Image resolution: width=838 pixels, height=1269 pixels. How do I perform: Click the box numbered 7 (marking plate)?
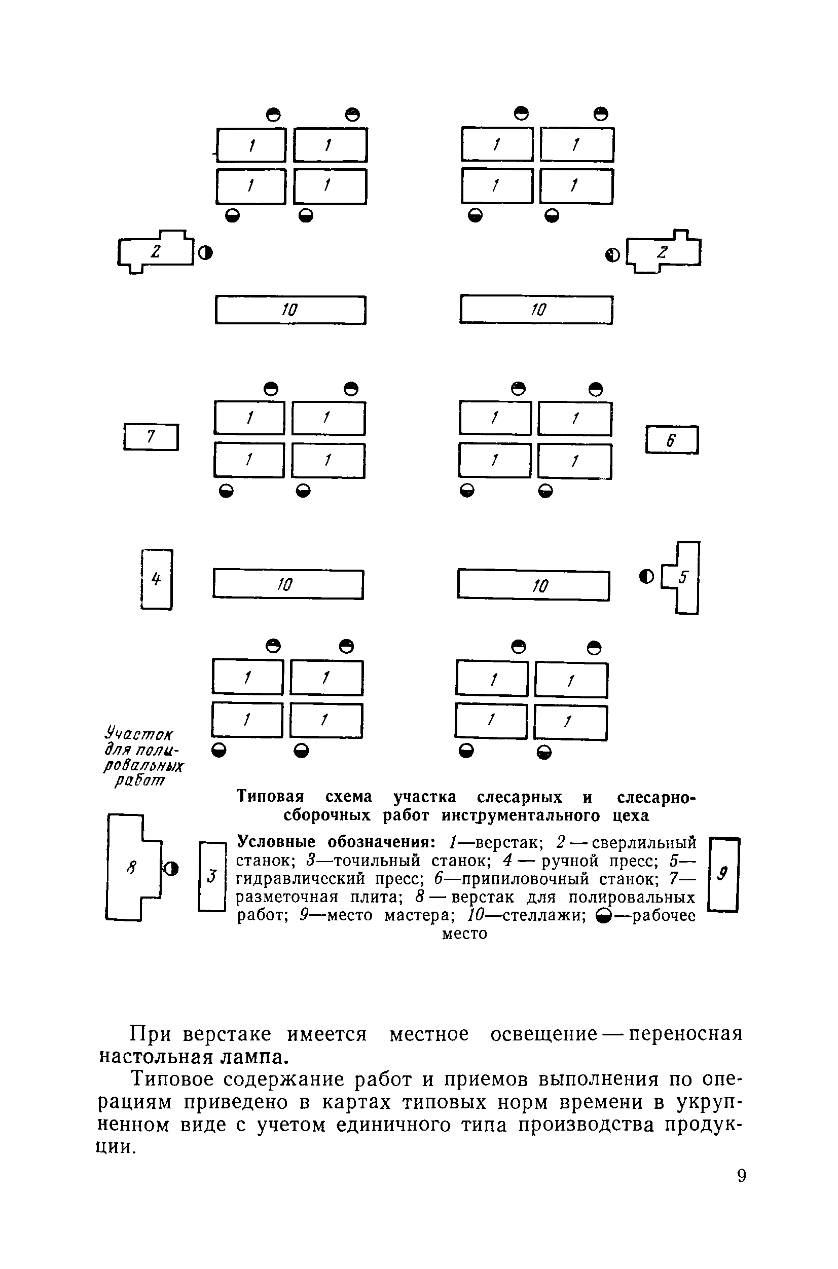coord(151,437)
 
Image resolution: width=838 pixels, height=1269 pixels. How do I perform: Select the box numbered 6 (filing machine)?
coord(672,440)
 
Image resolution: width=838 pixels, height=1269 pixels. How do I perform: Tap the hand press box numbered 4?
coord(157,579)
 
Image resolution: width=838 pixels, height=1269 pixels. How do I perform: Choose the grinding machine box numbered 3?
coord(212,876)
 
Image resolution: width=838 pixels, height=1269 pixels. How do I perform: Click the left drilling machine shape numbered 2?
coord(156,252)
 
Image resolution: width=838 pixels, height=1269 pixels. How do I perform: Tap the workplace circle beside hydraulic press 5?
coord(647,577)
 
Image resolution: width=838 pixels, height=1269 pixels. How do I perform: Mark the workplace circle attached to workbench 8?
coord(171,869)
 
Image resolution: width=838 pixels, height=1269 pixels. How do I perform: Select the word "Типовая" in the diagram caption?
coord(270,797)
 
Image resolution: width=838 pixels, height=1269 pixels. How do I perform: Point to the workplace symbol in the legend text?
coord(602,916)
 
